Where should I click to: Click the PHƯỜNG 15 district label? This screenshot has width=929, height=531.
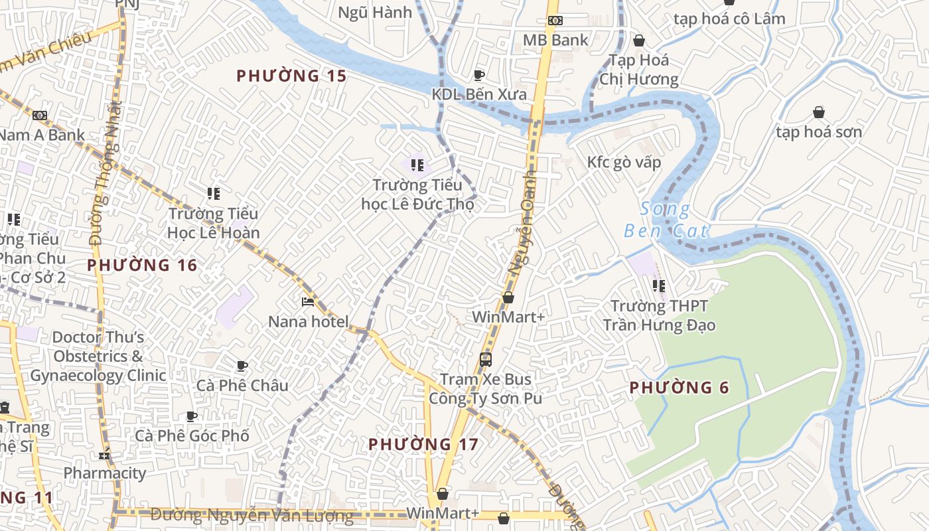point(291,76)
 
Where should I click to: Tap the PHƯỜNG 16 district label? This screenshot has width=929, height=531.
point(142,265)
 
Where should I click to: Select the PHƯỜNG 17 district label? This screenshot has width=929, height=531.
point(423,444)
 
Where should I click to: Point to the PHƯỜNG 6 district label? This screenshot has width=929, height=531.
point(679,388)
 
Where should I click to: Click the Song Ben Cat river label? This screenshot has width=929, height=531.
point(666,220)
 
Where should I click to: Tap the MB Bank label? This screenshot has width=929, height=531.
point(555,40)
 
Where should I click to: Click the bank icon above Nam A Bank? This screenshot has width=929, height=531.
point(40,115)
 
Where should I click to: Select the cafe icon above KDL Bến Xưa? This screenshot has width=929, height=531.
point(479,75)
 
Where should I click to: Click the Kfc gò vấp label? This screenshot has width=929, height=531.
point(624,163)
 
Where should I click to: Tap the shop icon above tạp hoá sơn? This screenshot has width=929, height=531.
point(819,112)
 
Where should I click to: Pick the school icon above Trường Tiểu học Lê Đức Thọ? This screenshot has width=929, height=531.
point(417,165)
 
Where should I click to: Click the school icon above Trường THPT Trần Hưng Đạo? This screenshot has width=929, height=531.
point(658,286)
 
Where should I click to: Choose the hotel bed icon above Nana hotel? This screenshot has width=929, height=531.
point(308,302)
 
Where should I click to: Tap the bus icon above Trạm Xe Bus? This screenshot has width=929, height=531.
point(486,360)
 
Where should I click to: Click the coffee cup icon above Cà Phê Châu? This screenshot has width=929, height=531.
point(242,366)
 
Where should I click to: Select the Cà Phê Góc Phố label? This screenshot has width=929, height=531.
point(192,435)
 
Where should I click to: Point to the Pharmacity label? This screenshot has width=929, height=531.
point(104,473)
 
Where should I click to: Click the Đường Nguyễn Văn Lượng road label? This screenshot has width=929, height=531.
point(251,514)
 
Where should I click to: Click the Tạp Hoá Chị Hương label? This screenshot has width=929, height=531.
point(639,70)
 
